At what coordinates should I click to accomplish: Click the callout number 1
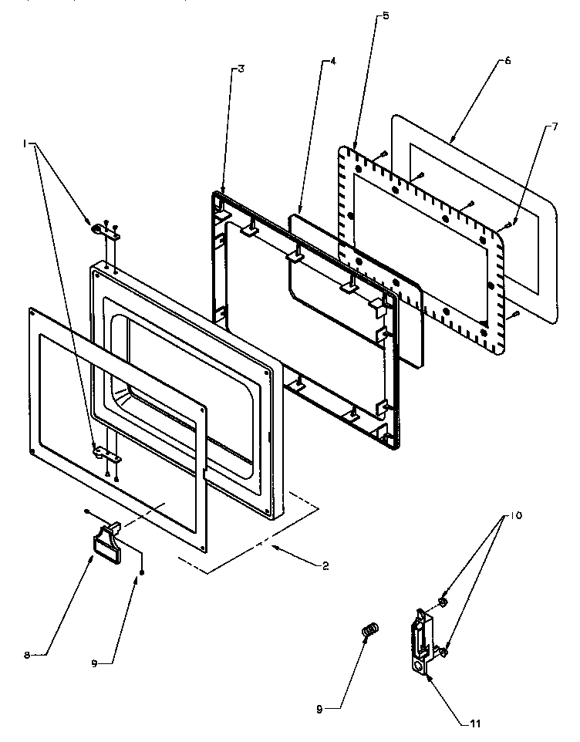25,143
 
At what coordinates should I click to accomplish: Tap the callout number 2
326,565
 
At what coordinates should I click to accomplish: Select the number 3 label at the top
241,69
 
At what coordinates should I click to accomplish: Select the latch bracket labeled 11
420,633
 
